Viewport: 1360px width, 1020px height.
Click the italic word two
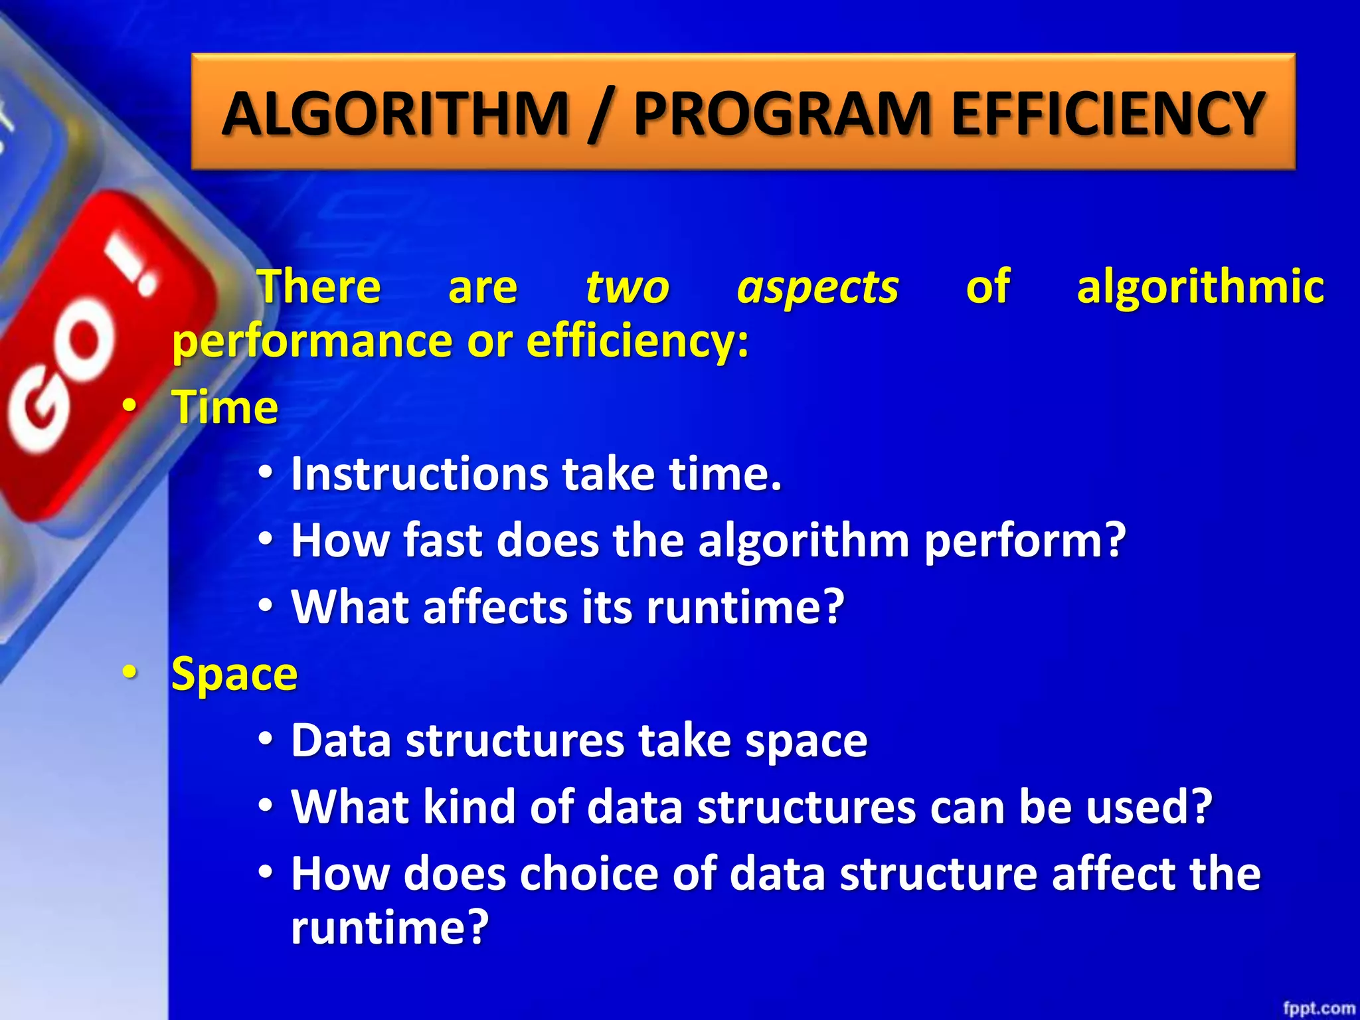click(x=627, y=288)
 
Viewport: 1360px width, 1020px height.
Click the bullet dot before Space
click(x=130, y=673)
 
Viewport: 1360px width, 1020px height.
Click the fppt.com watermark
click(x=1318, y=1008)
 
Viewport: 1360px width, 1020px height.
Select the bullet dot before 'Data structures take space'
click(x=266, y=739)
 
